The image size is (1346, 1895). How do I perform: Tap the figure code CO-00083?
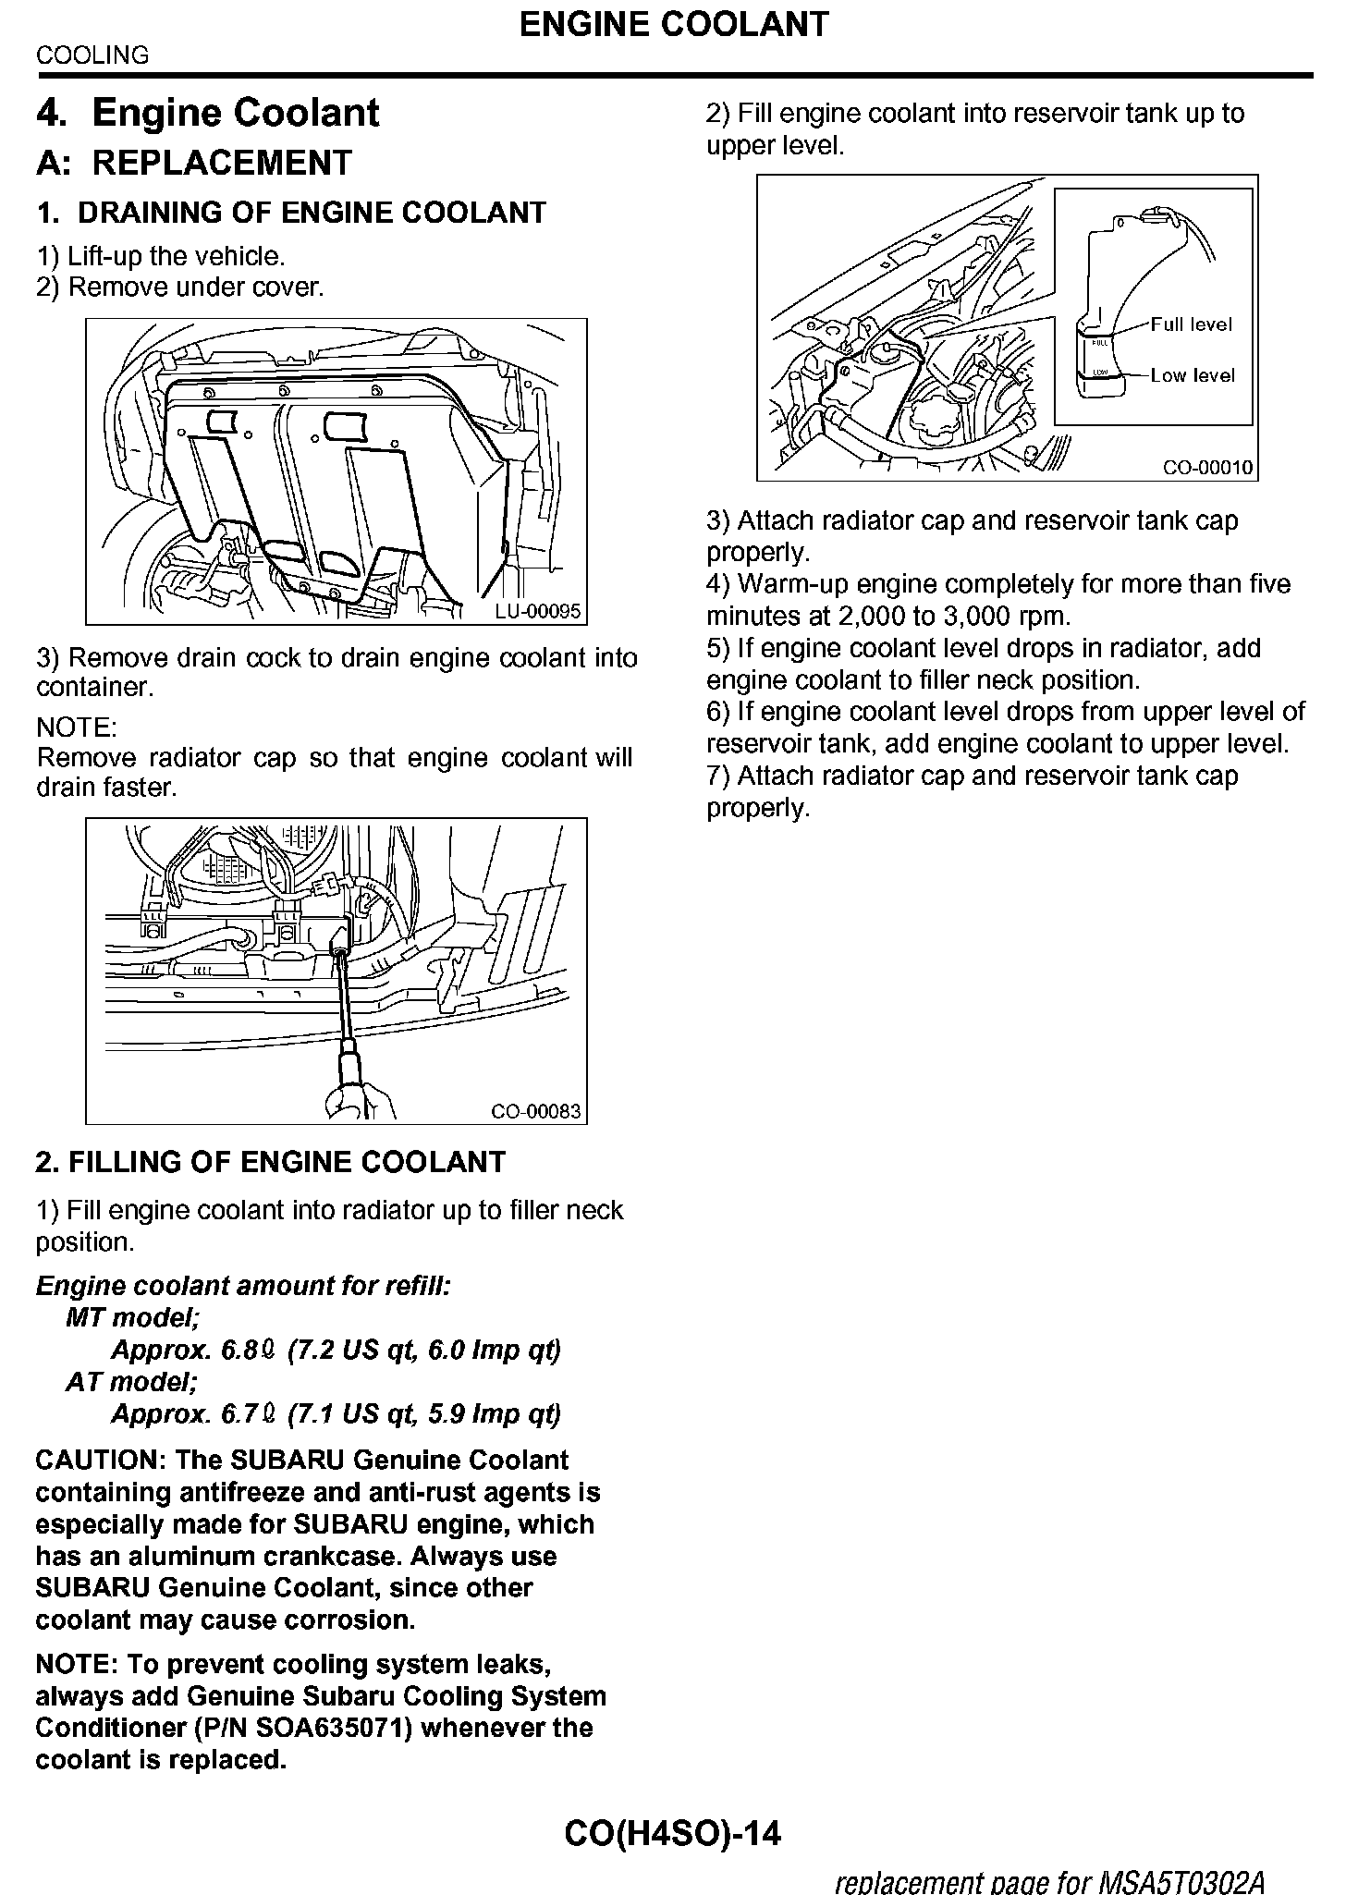click(x=536, y=1110)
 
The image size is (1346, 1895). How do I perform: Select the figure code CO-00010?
click(x=1207, y=468)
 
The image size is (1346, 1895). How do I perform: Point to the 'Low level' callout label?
click(x=1192, y=375)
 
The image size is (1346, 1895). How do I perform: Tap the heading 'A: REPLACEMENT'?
click(x=194, y=163)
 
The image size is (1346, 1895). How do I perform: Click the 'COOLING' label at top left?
click(x=92, y=55)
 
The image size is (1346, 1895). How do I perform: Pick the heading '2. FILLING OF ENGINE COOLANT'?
click(x=271, y=1162)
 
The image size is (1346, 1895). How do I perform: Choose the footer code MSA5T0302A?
click(x=1181, y=1882)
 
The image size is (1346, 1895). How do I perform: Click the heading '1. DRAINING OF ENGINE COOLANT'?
click(x=291, y=213)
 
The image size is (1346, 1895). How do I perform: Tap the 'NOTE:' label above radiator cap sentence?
click(x=76, y=727)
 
